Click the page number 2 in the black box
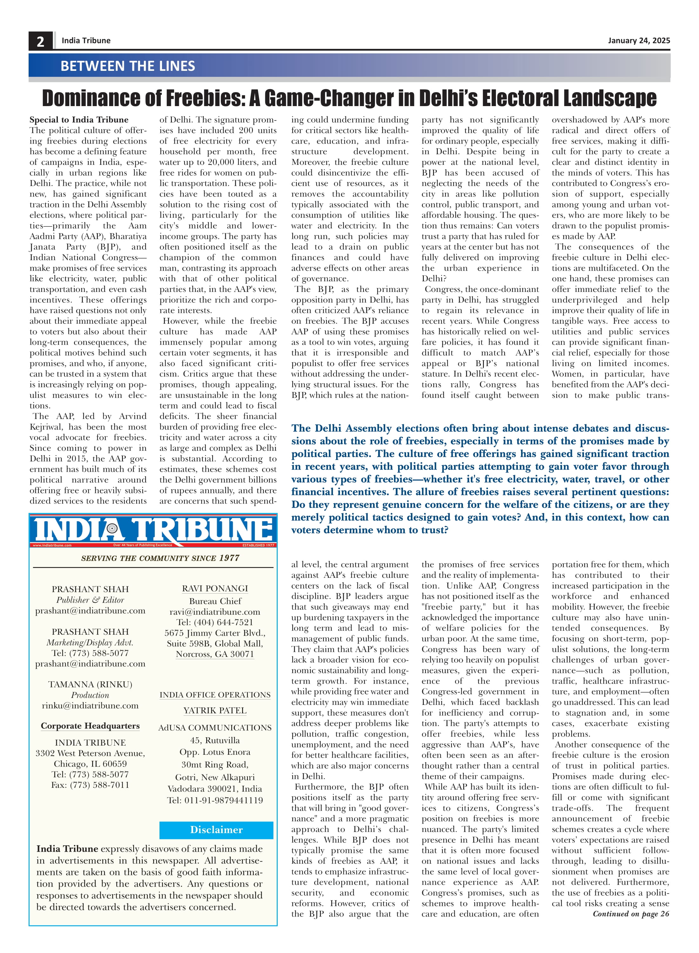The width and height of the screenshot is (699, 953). click(x=40, y=41)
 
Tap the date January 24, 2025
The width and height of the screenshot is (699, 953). click(x=639, y=41)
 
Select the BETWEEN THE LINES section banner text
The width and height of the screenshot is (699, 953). click(x=128, y=66)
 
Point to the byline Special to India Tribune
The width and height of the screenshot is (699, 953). click(x=79, y=120)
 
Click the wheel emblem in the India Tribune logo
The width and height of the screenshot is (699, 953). click(x=112, y=528)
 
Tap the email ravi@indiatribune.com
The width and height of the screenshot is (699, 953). click(x=215, y=612)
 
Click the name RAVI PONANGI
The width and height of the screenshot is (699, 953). click(x=215, y=588)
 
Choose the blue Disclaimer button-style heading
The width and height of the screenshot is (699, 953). click(x=216, y=829)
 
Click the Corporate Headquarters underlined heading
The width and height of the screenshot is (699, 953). click(x=90, y=726)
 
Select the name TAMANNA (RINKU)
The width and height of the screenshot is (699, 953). click(x=90, y=684)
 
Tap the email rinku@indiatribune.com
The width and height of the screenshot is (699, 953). click(x=90, y=706)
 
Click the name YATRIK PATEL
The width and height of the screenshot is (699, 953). click(x=215, y=711)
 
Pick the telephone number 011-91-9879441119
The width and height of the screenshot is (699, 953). click(x=215, y=800)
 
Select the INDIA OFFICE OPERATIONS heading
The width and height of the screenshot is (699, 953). click(x=215, y=695)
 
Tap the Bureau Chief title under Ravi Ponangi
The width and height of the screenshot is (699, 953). click(x=215, y=601)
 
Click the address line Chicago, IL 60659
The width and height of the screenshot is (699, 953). click(x=90, y=764)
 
